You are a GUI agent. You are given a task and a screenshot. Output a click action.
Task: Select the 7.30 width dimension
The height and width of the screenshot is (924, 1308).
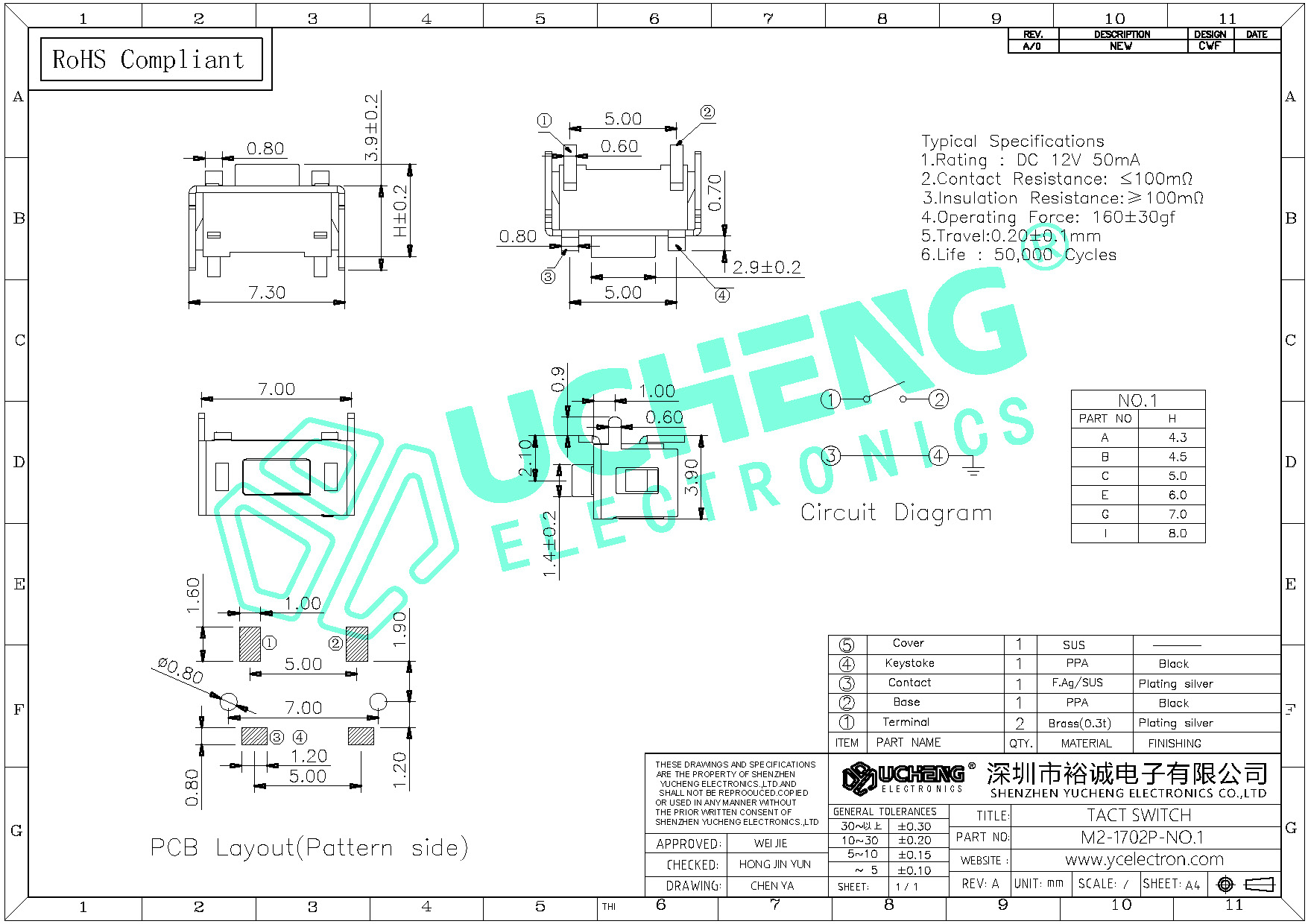pos(267,293)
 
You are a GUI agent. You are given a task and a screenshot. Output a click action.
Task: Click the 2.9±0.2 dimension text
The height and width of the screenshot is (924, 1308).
pos(766,268)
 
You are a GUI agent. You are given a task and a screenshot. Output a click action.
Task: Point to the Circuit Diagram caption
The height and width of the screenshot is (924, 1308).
pos(896,513)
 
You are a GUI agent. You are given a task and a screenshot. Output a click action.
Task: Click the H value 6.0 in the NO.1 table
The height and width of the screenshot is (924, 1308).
pos(1177,495)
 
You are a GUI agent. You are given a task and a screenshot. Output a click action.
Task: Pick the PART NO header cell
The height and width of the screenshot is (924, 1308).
pos(1105,419)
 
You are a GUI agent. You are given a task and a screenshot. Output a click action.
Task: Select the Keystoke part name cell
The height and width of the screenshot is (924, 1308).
pos(909,663)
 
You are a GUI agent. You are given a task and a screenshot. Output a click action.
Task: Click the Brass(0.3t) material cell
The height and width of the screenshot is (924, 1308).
pos(1078,723)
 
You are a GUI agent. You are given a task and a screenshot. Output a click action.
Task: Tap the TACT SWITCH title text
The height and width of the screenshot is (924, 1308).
pos(1139,815)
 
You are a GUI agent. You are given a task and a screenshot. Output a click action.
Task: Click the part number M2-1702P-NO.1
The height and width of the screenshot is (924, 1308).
pos(1142,838)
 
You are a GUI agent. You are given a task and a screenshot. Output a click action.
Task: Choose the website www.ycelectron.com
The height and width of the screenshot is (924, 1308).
pos(1144,860)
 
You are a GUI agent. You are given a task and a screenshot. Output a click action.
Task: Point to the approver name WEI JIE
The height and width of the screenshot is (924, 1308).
pos(771,844)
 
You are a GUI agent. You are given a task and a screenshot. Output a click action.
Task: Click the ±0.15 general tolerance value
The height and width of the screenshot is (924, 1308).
pos(914,855)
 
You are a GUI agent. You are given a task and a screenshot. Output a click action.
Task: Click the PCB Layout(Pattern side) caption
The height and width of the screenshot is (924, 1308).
pos(309,848)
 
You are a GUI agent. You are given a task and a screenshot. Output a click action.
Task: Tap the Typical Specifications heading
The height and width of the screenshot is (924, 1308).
pos(1012,142)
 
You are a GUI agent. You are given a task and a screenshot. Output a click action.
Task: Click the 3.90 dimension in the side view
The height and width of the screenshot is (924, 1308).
pos(692,478)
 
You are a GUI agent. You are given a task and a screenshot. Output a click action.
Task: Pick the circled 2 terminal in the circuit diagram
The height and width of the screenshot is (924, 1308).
pos(939,399)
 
